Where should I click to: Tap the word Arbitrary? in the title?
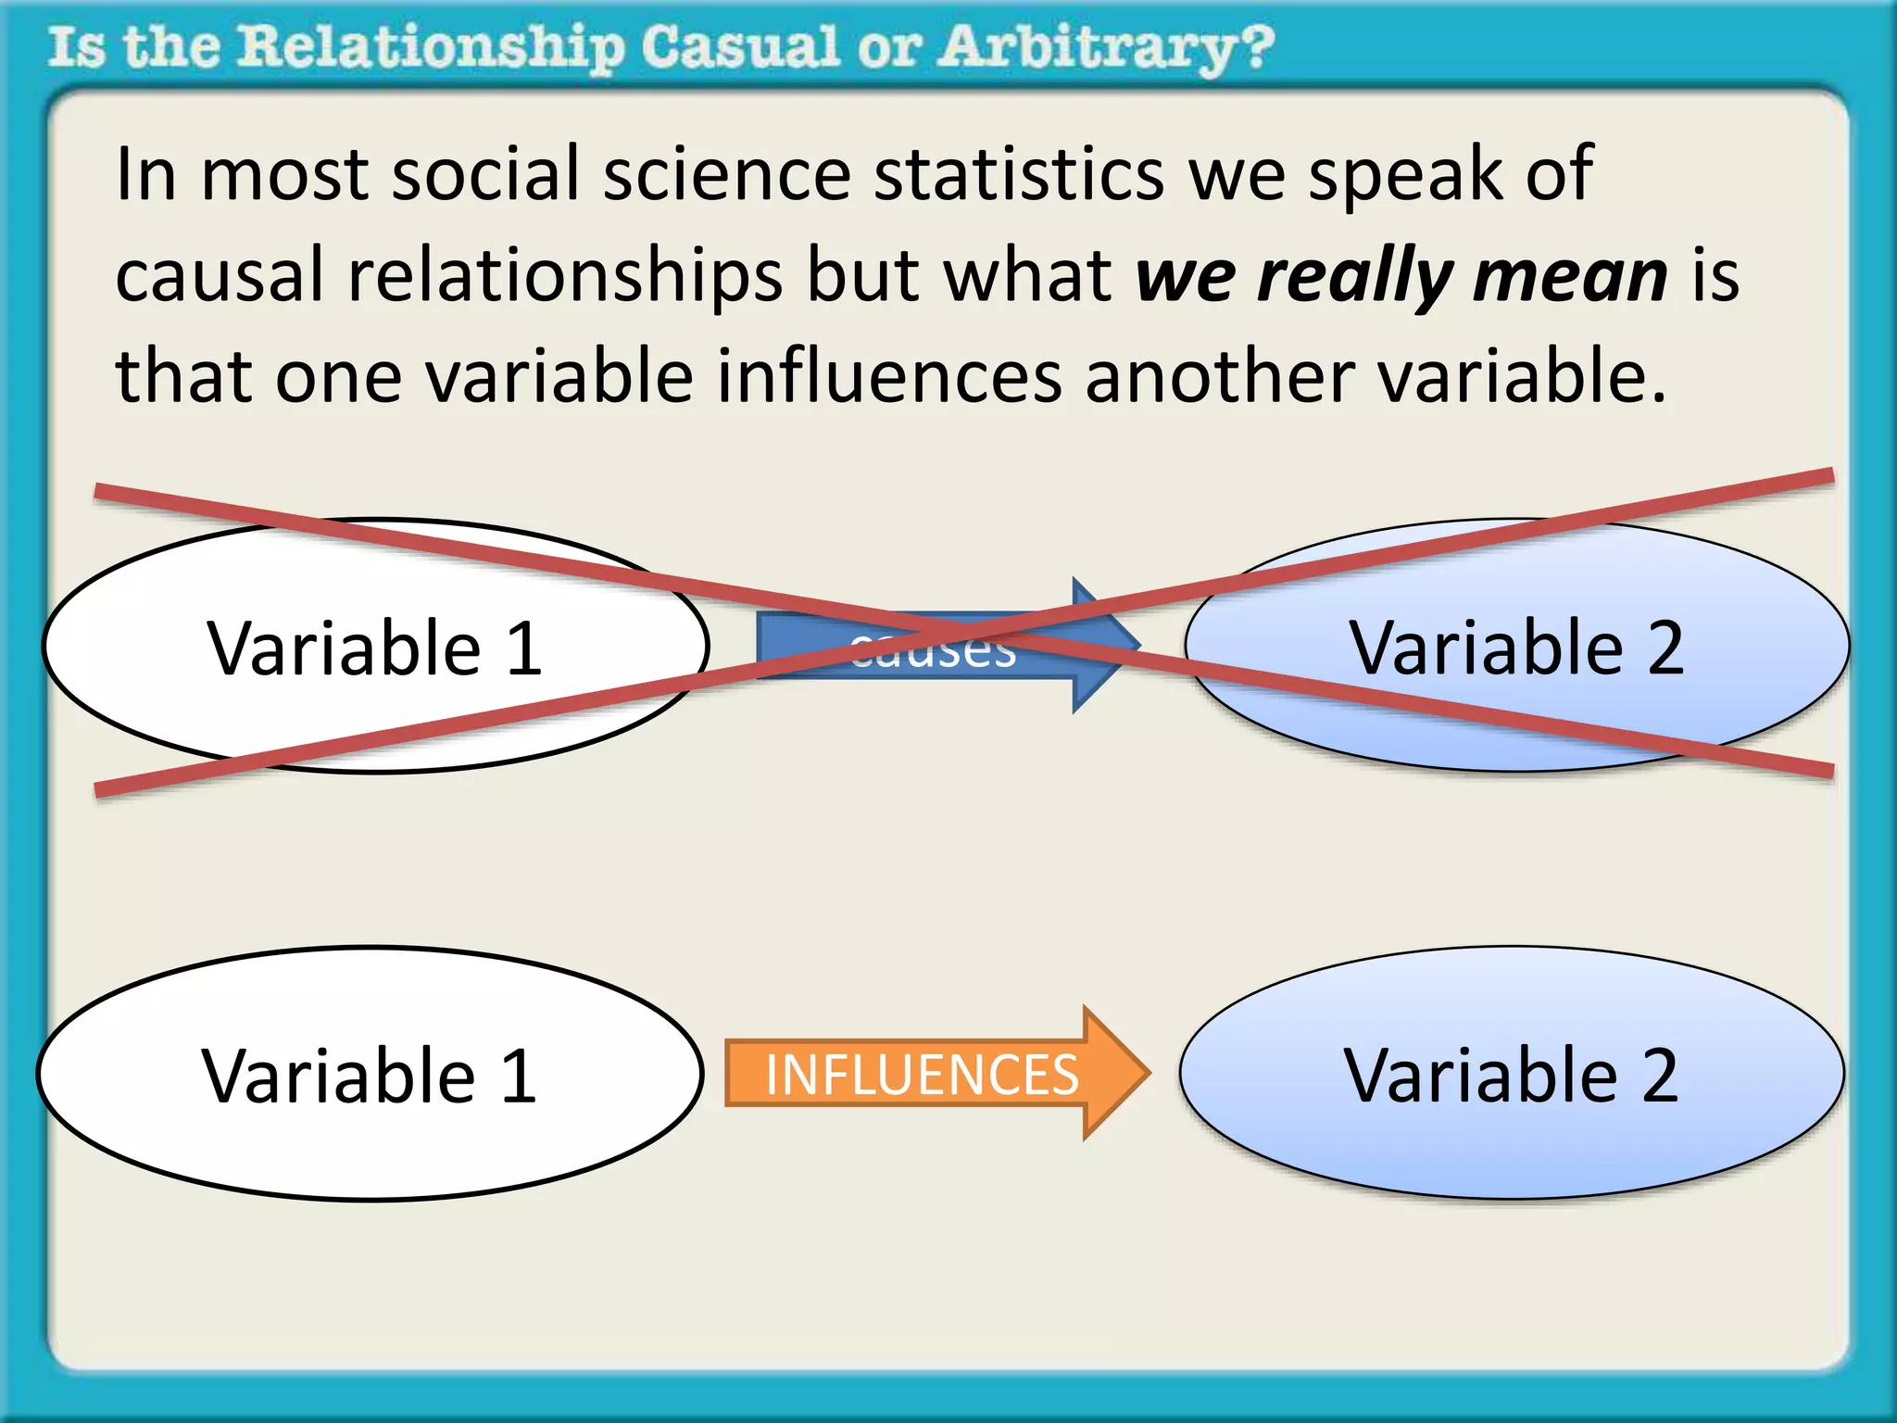(1105, 48)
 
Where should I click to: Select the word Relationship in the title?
(431, 48)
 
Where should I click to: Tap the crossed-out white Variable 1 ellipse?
(374, 646)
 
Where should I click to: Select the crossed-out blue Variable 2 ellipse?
(1516, 646)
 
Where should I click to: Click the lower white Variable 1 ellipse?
(370, 1074)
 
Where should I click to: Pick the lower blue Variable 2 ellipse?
(1511, 1074)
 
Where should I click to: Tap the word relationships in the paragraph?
(565, 278)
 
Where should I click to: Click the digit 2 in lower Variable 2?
(1659, 1076)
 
